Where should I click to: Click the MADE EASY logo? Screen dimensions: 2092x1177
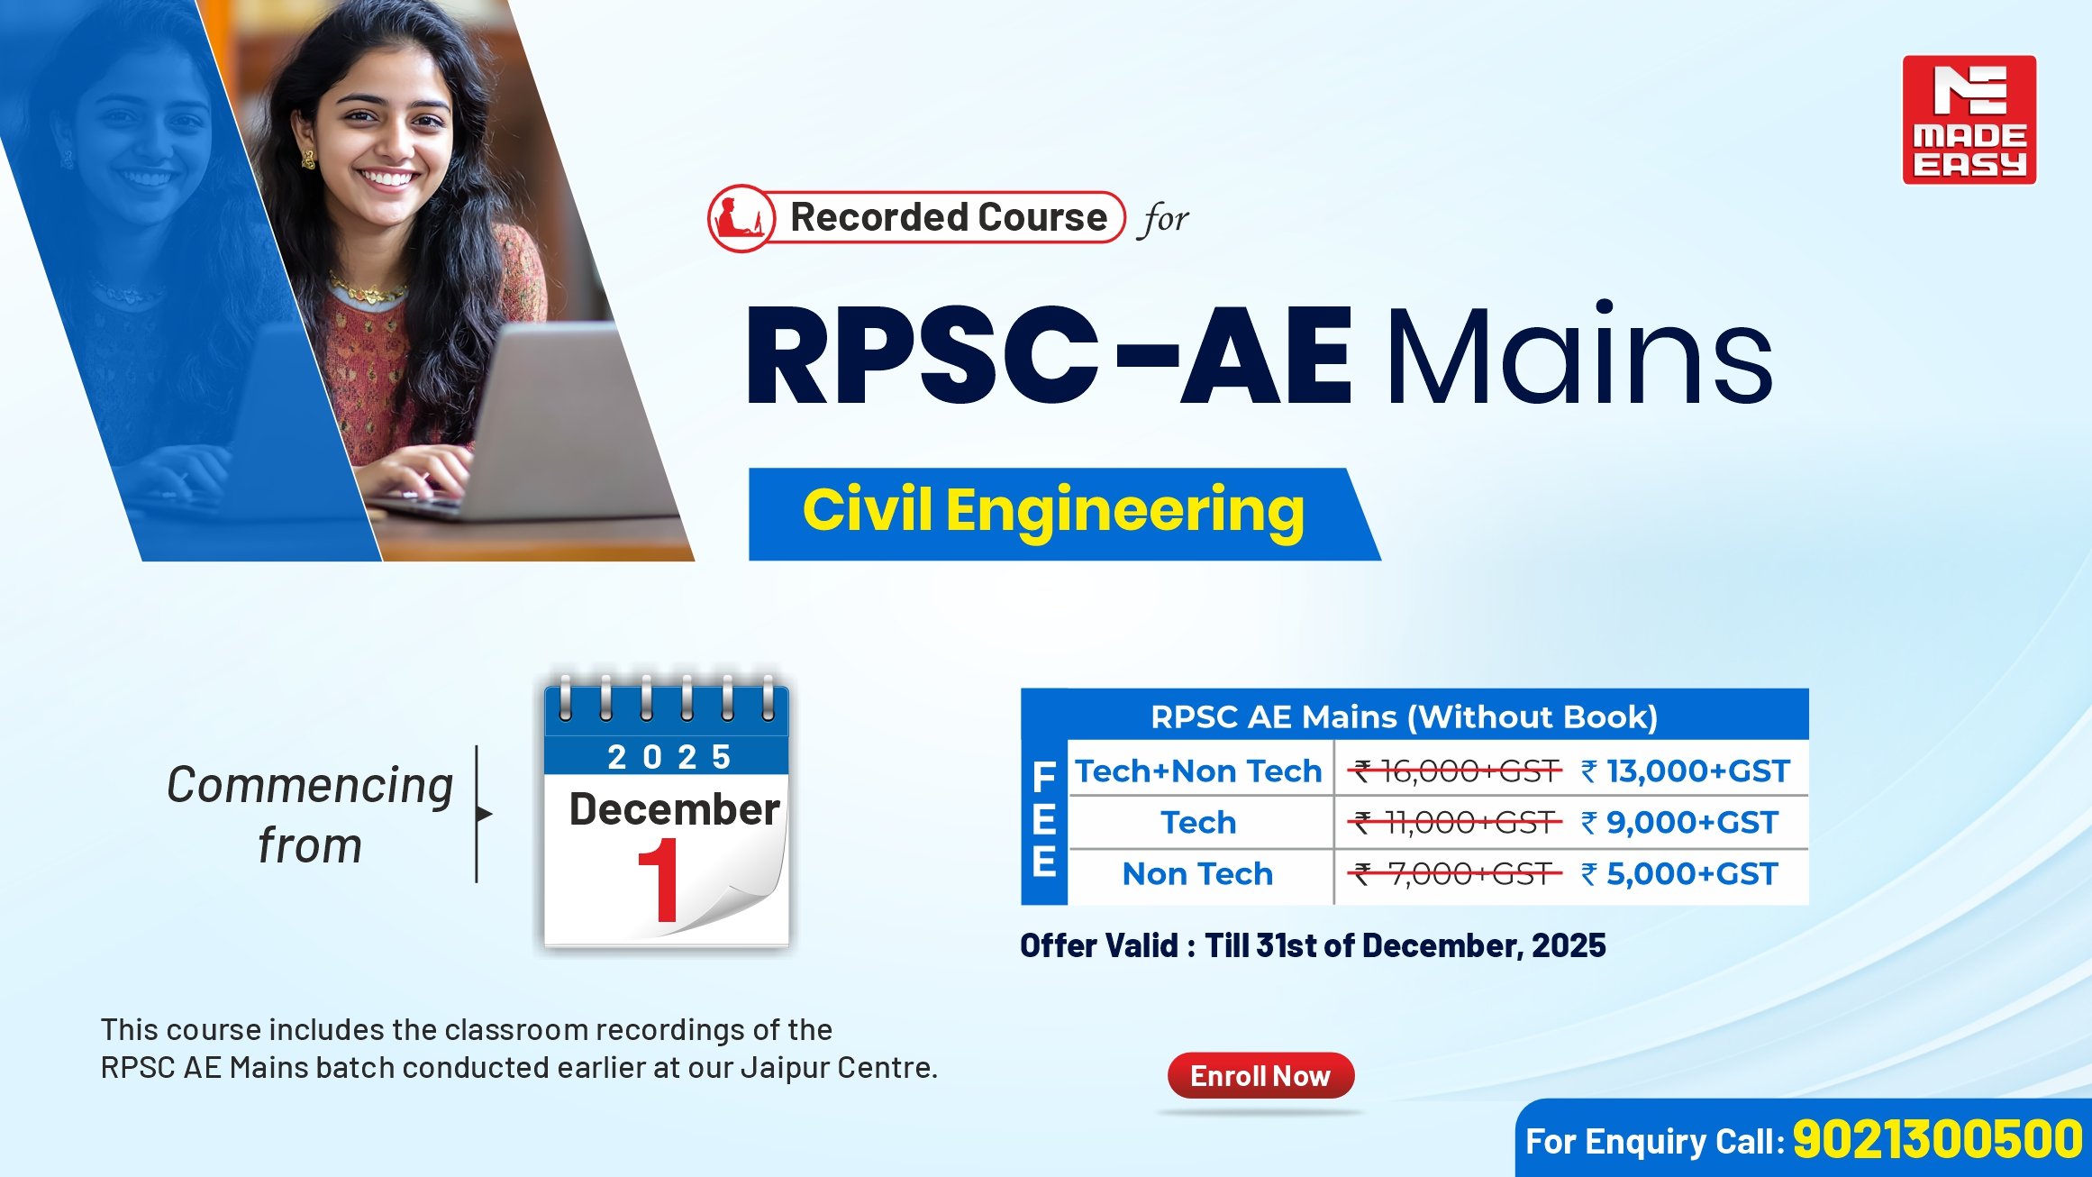tap(1969, 120)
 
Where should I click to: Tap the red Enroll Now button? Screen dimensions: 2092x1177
tap(1260, 1075)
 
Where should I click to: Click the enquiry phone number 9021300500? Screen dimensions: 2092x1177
tap(1937, 1139)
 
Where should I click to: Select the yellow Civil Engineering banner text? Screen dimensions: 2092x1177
tap(1053, 511)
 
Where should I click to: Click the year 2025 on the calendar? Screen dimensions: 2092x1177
tap(669, 757)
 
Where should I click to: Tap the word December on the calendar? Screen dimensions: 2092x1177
tap(674, 809)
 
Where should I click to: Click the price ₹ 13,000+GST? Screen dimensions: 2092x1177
tap(1685, 771)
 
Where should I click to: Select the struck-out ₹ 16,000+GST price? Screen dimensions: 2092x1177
tap(1455, 771)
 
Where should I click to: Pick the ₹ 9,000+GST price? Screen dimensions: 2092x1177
tap(1679, 823)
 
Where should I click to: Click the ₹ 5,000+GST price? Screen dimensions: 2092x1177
tap(1679, 874)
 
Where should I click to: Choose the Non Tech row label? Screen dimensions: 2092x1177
tap(1197, 874)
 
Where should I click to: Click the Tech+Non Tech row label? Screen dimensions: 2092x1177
tap(1198, 771)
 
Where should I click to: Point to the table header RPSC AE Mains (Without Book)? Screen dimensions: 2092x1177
tap(1404, 717)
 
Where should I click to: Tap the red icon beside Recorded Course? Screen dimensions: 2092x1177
tap(741, 218)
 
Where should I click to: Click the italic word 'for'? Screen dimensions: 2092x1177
tap(1166, 219)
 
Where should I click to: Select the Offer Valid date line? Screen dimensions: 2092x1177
tap(1313, 945)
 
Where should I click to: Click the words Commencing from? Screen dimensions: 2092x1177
tap(310, 815)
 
